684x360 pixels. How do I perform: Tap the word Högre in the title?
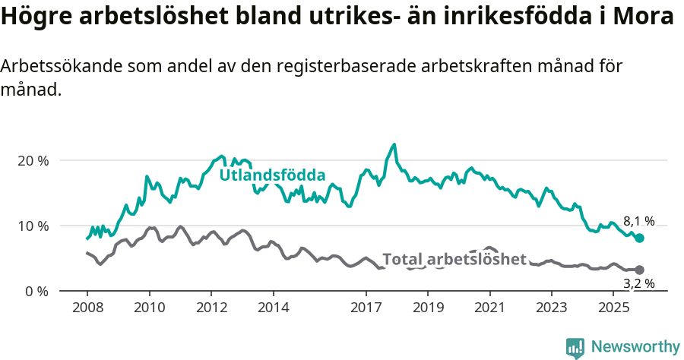click(x=33, y=17)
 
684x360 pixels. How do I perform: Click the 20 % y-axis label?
click(x=33, y=161)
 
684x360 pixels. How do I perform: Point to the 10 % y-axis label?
click(x=33, y=226)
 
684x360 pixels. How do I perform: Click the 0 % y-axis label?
click(x=37, y=292)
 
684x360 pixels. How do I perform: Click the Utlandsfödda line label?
click(x=272, y=175)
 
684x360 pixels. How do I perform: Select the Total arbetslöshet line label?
click(x=454, y=260)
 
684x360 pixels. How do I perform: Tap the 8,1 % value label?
click(x=638, y=222)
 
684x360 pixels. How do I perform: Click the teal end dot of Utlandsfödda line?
click(x=640, y=238)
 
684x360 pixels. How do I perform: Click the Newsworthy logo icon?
click(x=575, y=348)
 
